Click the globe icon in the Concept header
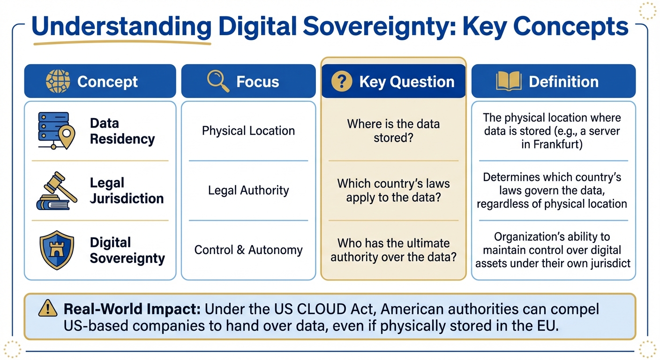[58, 82]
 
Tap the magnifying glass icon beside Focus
[218, 82]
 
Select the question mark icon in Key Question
[341, 82]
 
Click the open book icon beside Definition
[508, 82]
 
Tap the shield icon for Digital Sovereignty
[57, 250]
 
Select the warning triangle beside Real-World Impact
[47, 309]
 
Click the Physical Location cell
[248, 131]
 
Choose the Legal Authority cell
[248, 190]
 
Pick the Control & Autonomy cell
[248, 250]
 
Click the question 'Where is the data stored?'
[393, 131]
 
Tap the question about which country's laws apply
[393, 190]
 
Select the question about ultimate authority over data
[393, 250]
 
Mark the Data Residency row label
[122, 131]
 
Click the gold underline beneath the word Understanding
[122, 43]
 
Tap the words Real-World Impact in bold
[132, 309]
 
